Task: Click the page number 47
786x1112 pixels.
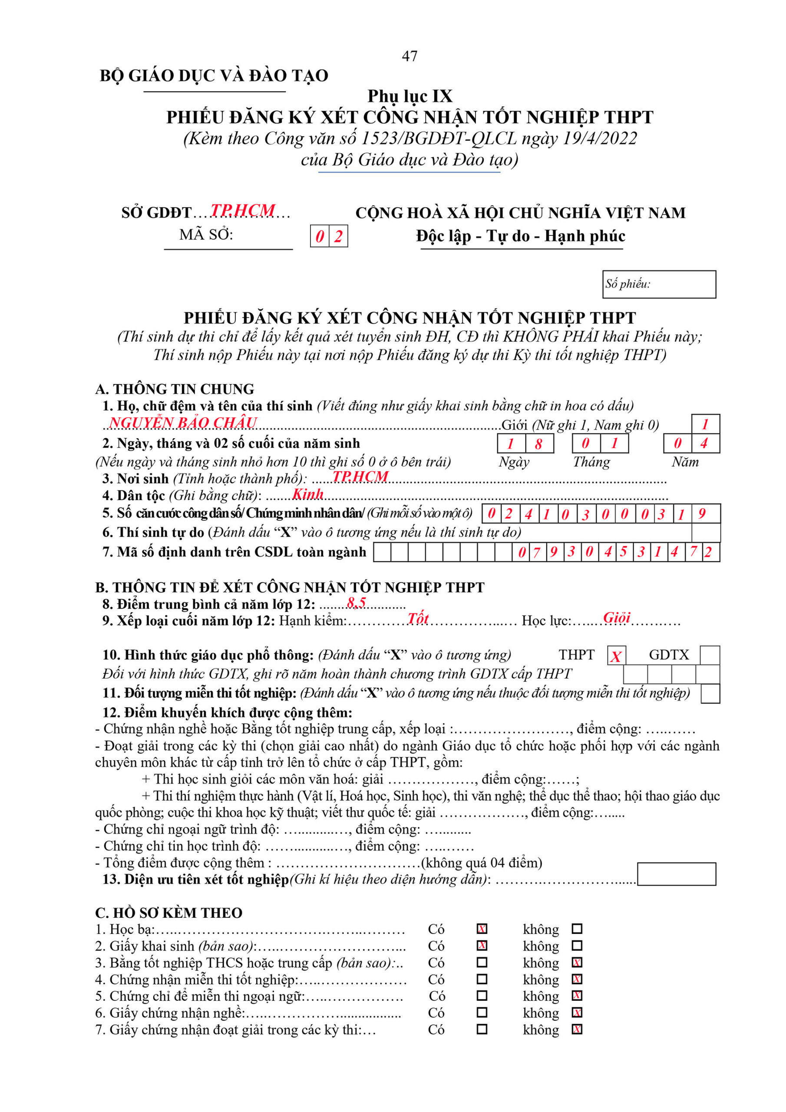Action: pos(409,56)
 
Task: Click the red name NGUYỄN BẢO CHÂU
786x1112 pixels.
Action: pos(183,422)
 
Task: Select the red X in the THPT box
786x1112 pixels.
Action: pos(616,656)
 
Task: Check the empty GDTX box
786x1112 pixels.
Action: pos(710,655)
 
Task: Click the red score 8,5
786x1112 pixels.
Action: pos(357,602)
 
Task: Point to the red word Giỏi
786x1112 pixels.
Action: pos(617,618)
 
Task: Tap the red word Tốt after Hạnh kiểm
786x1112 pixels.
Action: pos(417,619)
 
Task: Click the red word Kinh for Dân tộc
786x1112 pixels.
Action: pos(307,494)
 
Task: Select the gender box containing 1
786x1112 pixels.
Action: pos(705,424)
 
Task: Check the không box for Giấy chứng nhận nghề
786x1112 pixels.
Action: pos(577,1013)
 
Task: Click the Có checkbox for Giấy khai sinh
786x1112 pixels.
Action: pos(482,945)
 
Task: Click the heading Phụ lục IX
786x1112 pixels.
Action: pos(410,96)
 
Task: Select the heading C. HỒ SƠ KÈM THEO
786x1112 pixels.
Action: pos(168,913)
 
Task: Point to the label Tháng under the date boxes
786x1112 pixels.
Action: pos(591,462)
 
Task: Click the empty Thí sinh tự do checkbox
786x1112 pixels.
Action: pos(706,532)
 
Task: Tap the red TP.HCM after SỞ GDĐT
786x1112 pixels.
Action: pos(243,210)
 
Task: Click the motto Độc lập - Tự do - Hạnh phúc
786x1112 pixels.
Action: pos(521,236)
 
